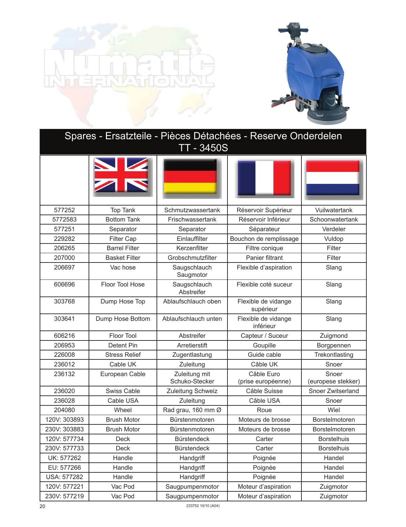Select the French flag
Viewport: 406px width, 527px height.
point(264,178)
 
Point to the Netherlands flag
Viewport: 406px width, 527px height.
point(333,178)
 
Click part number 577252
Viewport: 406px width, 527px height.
point(64,210)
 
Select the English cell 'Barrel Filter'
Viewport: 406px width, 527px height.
point(123,248)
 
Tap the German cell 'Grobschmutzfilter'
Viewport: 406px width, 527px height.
point(192,258)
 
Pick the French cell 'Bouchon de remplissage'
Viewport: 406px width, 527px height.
point(264,239)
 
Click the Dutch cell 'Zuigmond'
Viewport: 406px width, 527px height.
point(334,336)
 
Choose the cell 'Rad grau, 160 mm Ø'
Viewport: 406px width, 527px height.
point(192,410)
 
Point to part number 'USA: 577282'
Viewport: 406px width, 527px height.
point(64,477)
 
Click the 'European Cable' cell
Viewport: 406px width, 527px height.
point(123,374)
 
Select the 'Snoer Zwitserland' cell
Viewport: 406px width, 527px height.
point(334,391)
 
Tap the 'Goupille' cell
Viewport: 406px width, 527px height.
point(264,345)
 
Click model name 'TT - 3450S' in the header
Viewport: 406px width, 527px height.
point(203,148)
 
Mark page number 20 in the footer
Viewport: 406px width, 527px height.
point(42,506)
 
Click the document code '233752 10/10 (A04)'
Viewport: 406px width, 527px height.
point(203,506)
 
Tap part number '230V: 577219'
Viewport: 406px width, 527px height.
point(64,496)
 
